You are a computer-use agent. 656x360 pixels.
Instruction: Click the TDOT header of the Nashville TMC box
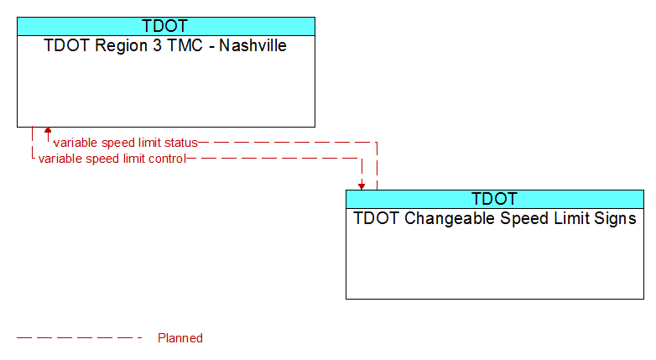pyautogui.click(x=164, y=26)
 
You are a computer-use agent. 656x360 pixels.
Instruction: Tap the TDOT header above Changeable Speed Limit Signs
pyautogui.click(x=494, y=199)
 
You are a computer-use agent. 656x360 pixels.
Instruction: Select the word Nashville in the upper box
pyautogui.click(x=253, y=45)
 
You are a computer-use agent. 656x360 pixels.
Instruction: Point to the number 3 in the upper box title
pyautogui.click(x=158, y=45)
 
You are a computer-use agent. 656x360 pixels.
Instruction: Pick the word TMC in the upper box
pyautogui.click(x=185, y=45)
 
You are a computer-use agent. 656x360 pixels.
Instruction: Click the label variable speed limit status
pyautogui.click(x=126, y=143)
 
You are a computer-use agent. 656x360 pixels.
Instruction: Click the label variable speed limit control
pyautogui.click(x=112, y=159)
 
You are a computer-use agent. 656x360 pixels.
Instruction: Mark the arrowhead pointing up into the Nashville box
pyautogui.click(x=48, y=130)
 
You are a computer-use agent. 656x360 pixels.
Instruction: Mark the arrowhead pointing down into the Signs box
pyautogui.click(x=362, y=186)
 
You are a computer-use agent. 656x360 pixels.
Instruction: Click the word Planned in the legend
pyautogui.click(x=180, y=338)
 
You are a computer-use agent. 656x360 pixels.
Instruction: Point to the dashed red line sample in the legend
pyautogui.click(x=79, y=338)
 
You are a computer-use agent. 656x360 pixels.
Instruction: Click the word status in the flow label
pyautogui.click(x=180, y=143)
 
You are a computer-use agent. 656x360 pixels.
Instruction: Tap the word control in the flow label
pyautogui.click(x=167, y=159)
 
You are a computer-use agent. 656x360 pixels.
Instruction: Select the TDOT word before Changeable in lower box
pyautogui.click(x=376, y=218)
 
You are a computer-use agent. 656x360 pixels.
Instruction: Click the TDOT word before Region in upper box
pyautogui.click(x=67, y=45)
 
